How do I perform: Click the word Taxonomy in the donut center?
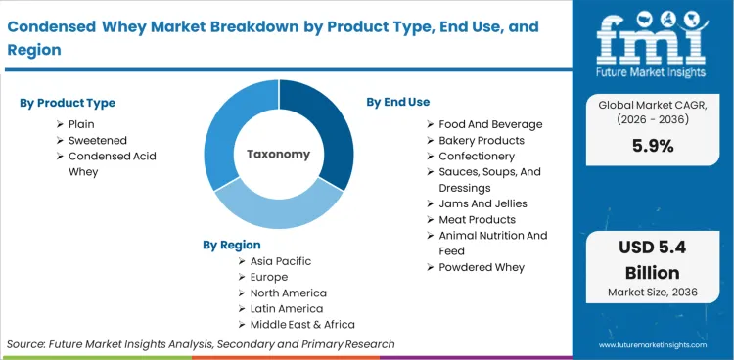[278, 154]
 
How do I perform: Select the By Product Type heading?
[68, 103]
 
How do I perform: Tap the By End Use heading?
[397, 102]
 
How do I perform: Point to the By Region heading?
[232, 245]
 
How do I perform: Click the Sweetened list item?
[98, 140]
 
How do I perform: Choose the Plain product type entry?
[81, 124]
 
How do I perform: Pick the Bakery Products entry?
[482, 140]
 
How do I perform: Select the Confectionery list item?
[477, 156]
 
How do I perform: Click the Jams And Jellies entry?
[482, 203]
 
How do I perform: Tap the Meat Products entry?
[479, 219]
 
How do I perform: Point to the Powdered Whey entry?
[482, 267]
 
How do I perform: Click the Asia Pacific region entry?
[281, 261]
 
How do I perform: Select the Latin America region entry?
[288, 308]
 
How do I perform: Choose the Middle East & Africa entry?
[302, 324]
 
